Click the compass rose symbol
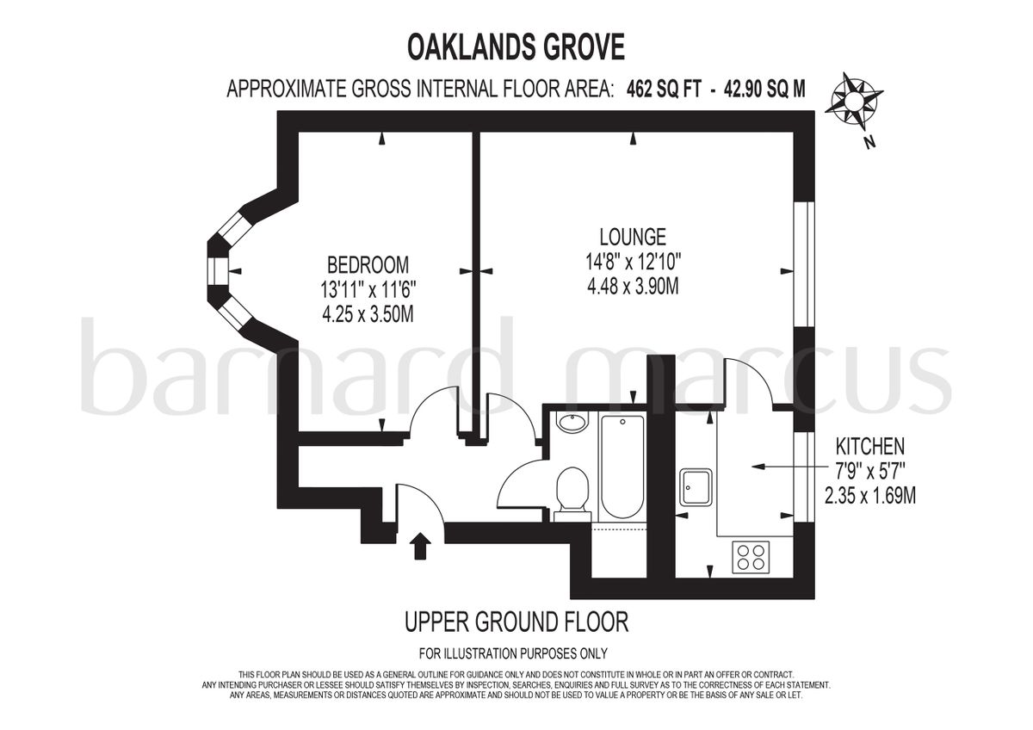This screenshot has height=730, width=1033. coord(853,99)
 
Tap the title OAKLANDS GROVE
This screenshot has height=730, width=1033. coord(516,47)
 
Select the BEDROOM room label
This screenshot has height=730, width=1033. coord(368,265)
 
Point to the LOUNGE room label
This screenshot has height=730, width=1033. coord(633,237)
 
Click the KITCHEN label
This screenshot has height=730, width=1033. coord(870,447)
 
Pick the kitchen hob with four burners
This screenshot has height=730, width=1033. coord(751,557)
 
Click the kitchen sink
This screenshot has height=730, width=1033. coord(696,487)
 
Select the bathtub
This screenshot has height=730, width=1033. coord(622,467)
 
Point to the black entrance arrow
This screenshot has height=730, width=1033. coord(420,546)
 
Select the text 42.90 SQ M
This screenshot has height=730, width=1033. coord(764,90)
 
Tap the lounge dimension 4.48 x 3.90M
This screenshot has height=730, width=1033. coord(633,288)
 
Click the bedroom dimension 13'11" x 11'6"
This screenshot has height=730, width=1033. coord(368,290)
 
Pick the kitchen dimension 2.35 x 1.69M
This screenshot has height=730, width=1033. coord(870,496)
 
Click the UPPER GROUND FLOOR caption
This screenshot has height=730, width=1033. coord(516,622)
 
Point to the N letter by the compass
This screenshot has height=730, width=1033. coord(869,143)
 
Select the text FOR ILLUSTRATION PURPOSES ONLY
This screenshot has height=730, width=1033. coord(513,653)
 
